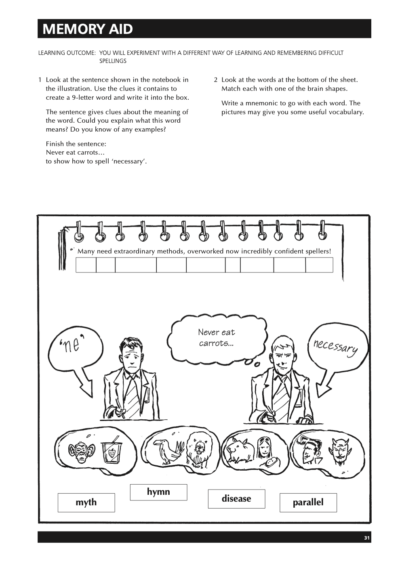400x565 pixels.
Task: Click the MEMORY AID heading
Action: pos(88,29)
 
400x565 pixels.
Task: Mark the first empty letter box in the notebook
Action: pos(86,265)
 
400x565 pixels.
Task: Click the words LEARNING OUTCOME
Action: pos(67,53)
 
